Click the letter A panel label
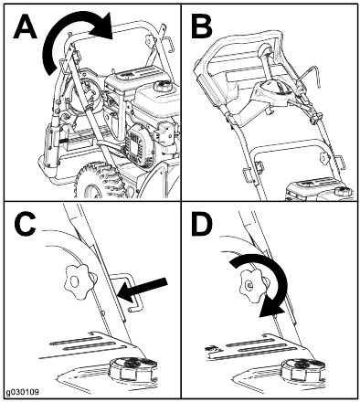click(25, 27)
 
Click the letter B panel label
click(202, 27)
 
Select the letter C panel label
click(25, 227)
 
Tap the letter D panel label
click(202, 227)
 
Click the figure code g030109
click(22, 392)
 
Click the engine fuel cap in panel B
click(344, 191)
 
